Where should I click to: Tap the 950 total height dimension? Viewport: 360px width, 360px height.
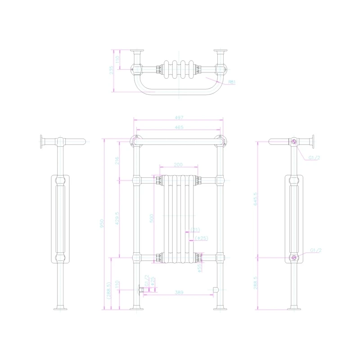(x=102, y=224)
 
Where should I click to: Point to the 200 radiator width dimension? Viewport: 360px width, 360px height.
(x=178, y=165)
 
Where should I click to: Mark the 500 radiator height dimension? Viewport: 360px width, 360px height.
(x=152, y=218)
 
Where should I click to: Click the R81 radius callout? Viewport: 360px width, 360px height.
(x=232, y=82)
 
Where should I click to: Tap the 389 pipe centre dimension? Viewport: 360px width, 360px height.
(x=179, y=293)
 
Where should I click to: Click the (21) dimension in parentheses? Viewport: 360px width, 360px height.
(x=195, y=229)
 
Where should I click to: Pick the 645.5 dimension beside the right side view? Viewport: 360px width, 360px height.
(x=256, y=199)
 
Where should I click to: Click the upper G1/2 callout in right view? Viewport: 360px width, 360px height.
(x=314, y=158)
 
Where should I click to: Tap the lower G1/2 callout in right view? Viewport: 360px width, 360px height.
(x=315, y=250)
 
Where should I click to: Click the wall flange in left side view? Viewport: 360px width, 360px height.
(x=41, y=142)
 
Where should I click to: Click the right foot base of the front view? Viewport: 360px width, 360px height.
(x=220, y=308)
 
